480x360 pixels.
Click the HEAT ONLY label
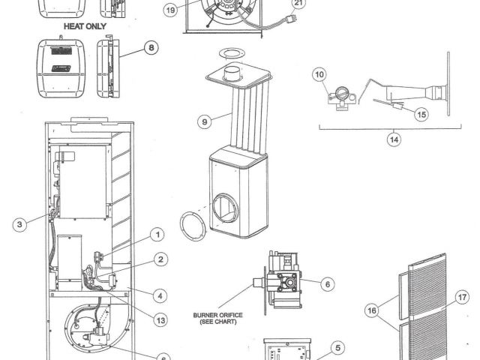(x=85, y=25)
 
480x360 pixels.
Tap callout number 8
(x=151, y=48)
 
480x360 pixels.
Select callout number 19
(x=170, y=11)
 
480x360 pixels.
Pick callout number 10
(x=320, y=74)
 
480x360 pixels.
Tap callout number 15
(x=421, y=115)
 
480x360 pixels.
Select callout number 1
(x=157, y=234)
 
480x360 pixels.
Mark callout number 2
(x=161, y=259)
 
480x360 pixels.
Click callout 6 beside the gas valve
(x=326, y=284)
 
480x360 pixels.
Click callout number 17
(x=463, y=298)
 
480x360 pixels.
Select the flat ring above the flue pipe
(x=231, y=54)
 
